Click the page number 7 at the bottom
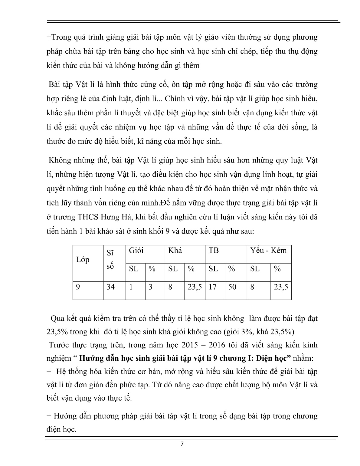coord(182,444)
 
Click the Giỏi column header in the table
coord(136,251)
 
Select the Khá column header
coord(175,251)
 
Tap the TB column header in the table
coord(214,251)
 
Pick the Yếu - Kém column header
coord(268,251)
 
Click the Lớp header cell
coord(83,260)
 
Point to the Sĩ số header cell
coord(110,260)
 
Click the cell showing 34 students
coord(111,287)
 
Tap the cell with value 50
coord(232,287)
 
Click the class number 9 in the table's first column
coord(78,287)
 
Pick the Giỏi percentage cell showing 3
coord(150,287)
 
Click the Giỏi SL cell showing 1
coord(131,287)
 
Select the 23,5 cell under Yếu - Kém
coord(281,287)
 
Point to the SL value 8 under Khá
coord(170,287)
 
